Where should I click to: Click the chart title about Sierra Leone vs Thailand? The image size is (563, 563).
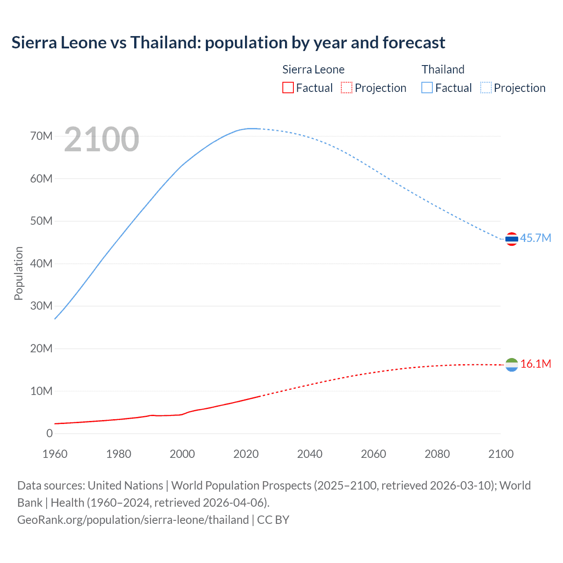point(228,43)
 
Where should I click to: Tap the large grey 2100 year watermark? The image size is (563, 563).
point(102,139)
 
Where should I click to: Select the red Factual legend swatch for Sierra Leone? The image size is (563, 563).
point(288,88)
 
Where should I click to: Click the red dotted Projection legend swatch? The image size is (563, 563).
point(347,88)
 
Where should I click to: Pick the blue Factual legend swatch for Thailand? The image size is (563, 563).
point(427,88)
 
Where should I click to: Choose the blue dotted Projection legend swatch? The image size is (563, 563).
point(486,88)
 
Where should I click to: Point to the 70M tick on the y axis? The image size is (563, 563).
point(41,136)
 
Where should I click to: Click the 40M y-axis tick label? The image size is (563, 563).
point(41,263)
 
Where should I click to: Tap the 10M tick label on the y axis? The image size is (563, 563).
point(41,391)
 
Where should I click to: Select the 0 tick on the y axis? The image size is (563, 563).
point(49,433)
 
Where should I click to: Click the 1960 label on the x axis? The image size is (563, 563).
point(55,454)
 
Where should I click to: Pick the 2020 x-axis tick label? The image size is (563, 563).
point(246,454)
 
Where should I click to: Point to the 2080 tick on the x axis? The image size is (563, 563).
point(437,454)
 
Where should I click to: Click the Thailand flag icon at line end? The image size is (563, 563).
point(512,239)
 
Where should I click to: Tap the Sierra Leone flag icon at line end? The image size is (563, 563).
point(512,365)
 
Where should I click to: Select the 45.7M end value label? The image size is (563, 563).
point(535,238)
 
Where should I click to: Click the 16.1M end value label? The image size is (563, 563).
point(535,364)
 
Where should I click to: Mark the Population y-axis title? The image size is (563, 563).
point(18,273)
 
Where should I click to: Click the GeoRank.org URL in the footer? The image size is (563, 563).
point(133,520)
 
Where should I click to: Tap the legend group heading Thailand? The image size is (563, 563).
point(443,69)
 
